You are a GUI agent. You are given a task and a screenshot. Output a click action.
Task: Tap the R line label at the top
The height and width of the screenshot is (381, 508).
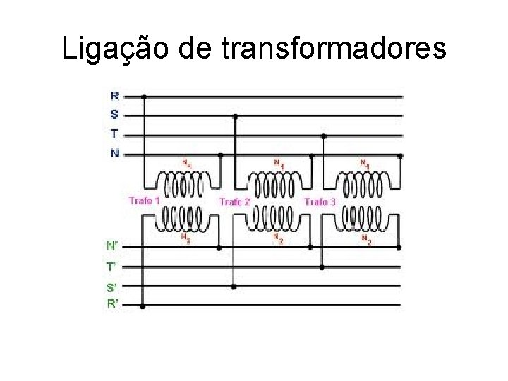(x=115, y=96)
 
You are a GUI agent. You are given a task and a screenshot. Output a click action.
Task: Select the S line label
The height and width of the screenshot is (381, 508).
(x=115, y=114)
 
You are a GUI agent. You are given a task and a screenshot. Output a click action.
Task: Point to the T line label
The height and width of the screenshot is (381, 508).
(x=115, y=133)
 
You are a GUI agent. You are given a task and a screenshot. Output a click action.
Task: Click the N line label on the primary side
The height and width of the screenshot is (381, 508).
(x=115, y=153)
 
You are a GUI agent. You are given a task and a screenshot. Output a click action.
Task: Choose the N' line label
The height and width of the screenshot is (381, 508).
(x=113, y=246)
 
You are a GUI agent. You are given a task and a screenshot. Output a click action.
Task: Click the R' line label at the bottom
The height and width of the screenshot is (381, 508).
(x=113, y=305)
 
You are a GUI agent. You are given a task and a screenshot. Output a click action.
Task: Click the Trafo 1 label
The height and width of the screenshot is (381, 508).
(x=144, y=201)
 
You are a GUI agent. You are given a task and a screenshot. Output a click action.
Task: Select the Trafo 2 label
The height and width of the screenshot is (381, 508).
(x=234, y=202)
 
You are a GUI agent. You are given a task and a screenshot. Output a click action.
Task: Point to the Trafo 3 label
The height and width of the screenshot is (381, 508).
(x=320, y=202)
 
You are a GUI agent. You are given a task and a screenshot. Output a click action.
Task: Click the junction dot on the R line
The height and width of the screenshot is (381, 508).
(x=144, y=97)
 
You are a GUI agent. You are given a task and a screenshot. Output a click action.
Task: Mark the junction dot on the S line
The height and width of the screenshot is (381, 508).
(x=234, y=116)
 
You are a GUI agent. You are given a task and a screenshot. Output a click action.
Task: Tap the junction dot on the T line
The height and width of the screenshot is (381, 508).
(x=324, y=135)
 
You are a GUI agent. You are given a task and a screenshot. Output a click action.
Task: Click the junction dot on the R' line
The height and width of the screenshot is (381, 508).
(x=143, y=306)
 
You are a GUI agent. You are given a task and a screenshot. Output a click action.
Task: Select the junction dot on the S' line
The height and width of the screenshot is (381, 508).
(x=234, y=286)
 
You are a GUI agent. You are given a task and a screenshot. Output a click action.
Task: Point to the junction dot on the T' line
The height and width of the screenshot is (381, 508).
(x=322, y=267)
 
